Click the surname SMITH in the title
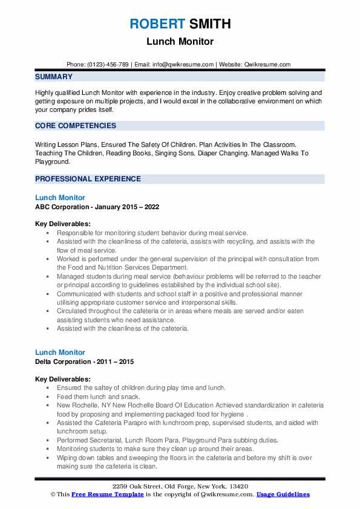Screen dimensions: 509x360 point(209,24)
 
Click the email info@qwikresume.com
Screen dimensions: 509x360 point(184,64)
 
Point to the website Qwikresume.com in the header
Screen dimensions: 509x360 point(267,64)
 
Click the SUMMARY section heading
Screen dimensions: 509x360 point(54,77)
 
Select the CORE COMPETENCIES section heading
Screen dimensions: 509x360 point(76,126)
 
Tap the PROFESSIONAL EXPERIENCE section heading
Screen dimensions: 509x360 point(88,179)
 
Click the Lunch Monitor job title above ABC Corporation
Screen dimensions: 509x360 point(60,198)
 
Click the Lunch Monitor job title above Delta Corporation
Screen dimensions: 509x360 point(60,352)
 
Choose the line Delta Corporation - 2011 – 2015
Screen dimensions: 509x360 point(84,361)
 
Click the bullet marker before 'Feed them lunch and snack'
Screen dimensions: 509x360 point(47,396)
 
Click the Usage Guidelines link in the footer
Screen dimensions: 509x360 point(283,494)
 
